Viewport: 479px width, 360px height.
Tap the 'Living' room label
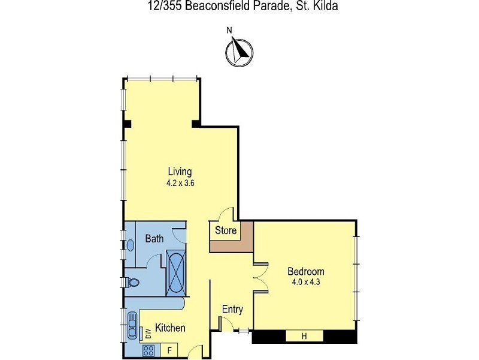click(180, 172)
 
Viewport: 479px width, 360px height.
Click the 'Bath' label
click(154, 239)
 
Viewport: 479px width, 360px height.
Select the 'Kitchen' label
click(170, 328)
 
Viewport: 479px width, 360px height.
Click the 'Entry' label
click(232, 310)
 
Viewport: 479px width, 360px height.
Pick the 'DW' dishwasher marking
click(145, 332)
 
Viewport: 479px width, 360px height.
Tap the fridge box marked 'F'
click(169, 349)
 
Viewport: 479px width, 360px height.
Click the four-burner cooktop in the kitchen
click(148, 349)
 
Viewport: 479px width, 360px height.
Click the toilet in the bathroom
click(132, 282)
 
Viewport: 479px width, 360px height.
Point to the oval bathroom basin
click(130, 245)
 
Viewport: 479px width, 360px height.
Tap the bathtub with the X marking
click(175, 274)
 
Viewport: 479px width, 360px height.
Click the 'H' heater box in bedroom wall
click(304, 337)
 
